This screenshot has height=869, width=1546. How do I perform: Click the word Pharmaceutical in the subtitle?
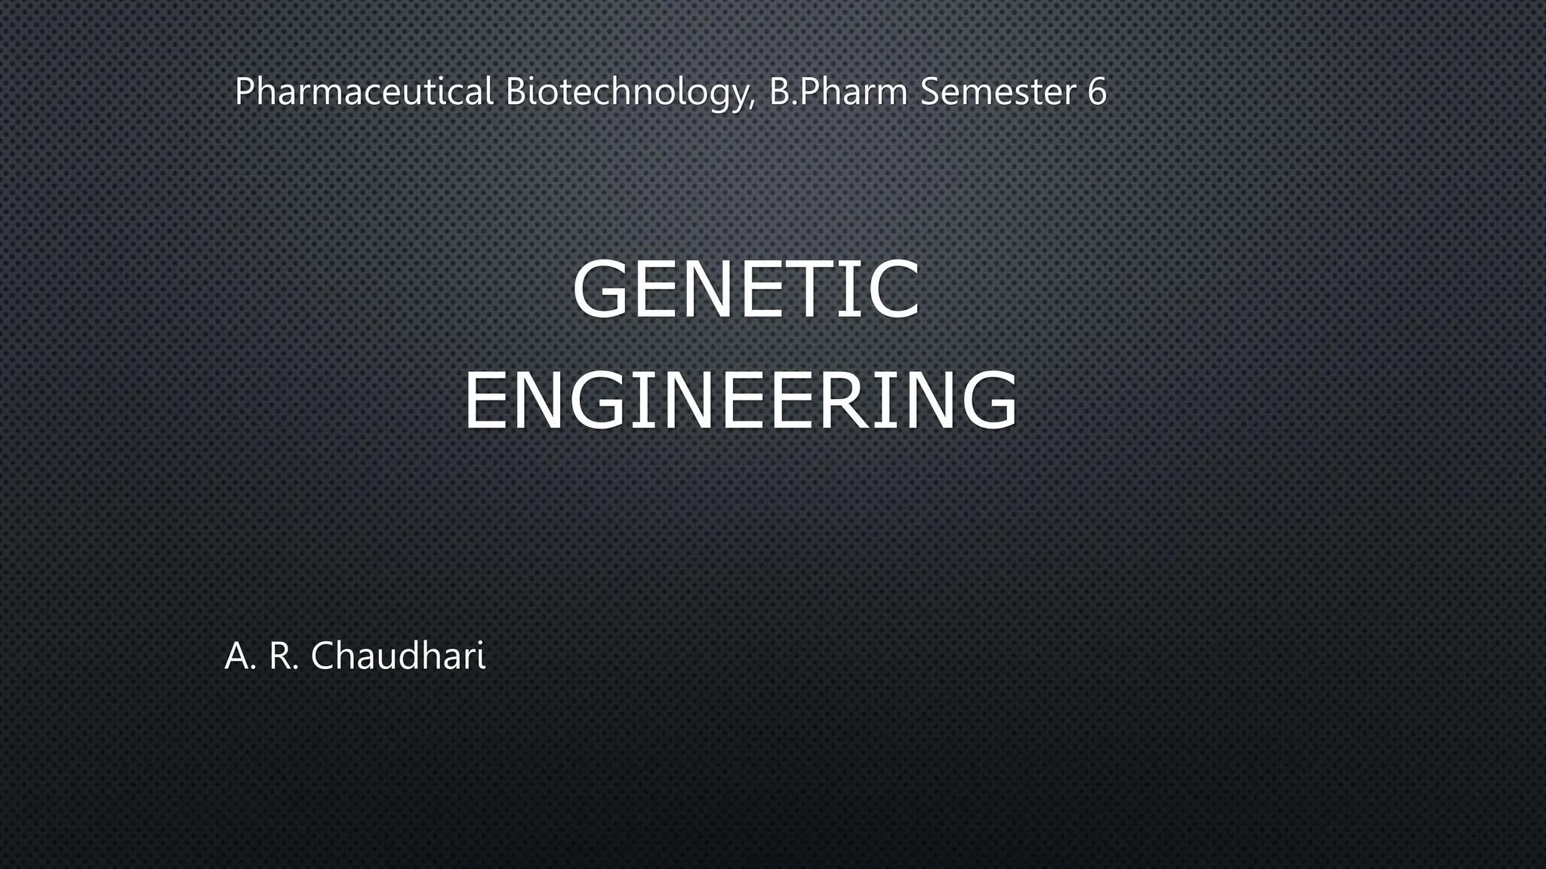click(364, 92)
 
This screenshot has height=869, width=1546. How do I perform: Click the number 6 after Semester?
click(1097, 92)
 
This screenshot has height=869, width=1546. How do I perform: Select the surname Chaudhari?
click(398, 655)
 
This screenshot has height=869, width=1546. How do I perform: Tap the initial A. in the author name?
click(241, 656)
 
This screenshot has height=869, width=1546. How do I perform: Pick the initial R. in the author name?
click(285, 656)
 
